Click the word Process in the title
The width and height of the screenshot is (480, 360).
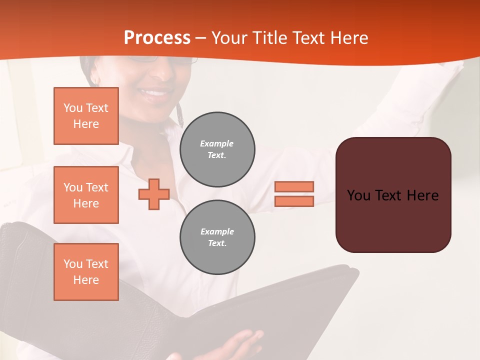point(157,38)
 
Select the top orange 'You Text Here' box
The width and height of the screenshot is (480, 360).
point(86,116)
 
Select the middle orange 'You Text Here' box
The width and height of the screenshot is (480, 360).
point(86,195)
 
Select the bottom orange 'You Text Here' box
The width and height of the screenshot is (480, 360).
point(86,272)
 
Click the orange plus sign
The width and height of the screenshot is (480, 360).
point(154,194)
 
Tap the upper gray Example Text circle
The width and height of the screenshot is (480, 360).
point(217,149)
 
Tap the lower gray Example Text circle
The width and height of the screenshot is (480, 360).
point(217,237)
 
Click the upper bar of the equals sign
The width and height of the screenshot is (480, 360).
point(294,186)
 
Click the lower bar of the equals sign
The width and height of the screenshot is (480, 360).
point(294,201)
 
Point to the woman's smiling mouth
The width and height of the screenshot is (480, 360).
point(154,93)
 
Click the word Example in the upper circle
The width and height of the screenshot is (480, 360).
point(216,143)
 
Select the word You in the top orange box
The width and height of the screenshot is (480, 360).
point(73,108)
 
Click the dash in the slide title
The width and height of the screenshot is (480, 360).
point(201,38)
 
